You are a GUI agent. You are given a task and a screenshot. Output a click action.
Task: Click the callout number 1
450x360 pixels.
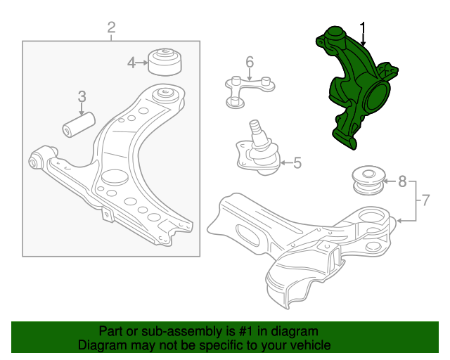pos(363,28)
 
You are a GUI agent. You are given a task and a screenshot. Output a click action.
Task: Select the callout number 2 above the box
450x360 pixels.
pos(111,27)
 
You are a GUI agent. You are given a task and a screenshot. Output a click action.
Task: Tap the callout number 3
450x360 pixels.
pos(82,96)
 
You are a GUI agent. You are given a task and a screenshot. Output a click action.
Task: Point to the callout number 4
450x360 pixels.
pos(131,63)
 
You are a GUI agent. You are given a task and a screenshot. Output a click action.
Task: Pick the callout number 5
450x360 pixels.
pos(297,163)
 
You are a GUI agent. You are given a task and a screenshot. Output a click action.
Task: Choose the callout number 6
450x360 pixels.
pos(250,62)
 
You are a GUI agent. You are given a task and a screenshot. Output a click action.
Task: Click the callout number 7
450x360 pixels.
pos(425,200)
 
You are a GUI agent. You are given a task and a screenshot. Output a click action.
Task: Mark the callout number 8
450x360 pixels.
pos(402,181)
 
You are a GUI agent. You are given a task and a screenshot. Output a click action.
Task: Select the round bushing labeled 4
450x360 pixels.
pos(165,62)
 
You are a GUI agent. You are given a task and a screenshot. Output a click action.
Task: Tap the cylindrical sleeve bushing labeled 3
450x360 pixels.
pos(79,124)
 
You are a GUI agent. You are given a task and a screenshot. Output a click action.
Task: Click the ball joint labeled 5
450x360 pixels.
pos(258,149)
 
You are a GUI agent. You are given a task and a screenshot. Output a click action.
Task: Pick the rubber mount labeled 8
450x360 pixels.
pos(368,180)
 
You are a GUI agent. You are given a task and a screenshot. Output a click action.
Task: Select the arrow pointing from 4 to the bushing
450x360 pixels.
pos(142,63)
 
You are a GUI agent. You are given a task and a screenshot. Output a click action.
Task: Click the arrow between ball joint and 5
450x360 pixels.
pos(286,163)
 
